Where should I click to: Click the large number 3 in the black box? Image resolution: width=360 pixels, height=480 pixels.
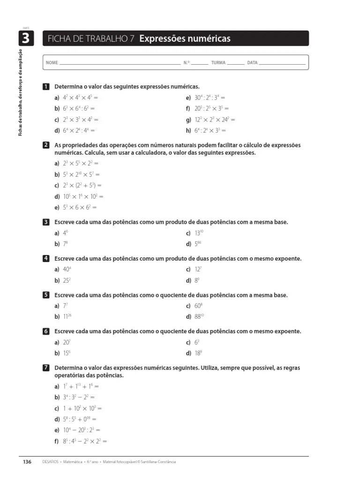click(x=25, y=38)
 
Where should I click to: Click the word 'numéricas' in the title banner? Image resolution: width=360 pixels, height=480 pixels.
click(x=206, y=38)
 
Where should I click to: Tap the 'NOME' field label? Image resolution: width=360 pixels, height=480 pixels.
click(x=52, y=63)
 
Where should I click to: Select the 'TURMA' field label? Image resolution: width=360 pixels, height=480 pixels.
click(x=218, y=63)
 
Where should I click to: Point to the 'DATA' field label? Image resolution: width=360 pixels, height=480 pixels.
click(x=252, y=63)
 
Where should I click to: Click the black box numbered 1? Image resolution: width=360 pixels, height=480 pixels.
click(x=46, y=87)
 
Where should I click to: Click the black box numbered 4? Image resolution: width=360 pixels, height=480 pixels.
click(x=46, y=259)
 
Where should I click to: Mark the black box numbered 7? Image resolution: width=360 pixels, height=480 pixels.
click(x=46, y=368)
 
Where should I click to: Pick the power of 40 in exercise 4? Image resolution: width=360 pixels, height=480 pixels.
click(x=67, y=270)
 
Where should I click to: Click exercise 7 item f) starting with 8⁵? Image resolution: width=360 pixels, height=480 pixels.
click(x=85, y=441)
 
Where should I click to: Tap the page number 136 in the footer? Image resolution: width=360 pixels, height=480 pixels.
click(x=27, y=462)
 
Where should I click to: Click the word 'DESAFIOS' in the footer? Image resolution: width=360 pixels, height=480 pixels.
click(x=50, y=462)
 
